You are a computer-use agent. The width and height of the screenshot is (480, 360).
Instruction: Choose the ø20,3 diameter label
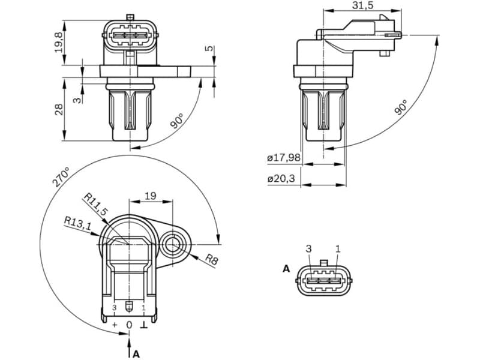[x=281, y=178]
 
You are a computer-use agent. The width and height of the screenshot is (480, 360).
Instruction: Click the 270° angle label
[x=61, y=178]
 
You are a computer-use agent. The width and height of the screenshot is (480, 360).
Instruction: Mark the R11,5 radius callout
[x=95, y=204]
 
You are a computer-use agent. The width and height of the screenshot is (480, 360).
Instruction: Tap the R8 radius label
[x=212, y=259]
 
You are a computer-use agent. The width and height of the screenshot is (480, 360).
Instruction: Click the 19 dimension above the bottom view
[x=151, y=195]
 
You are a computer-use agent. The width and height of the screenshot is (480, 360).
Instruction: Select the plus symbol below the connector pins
[x=115, y=325]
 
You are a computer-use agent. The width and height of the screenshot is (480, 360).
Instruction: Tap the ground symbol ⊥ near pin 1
[x=143, y=325]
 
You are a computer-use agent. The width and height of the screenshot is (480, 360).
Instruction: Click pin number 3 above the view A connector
[x=309, y=248]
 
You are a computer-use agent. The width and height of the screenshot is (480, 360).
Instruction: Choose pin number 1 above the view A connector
[x=338, y=248]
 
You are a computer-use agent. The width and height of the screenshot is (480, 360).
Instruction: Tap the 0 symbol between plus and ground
[x=128, y=325]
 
